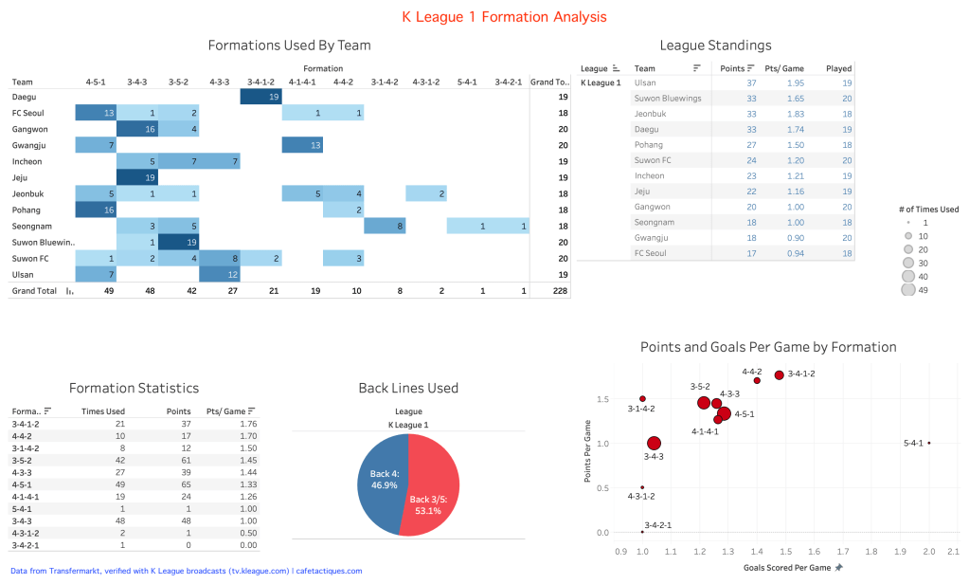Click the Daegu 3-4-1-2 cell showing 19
coord(261,97)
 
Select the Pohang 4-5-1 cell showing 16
coord(96,210)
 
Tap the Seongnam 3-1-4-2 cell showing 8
coord(385,226)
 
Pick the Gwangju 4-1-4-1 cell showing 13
coord(303,145)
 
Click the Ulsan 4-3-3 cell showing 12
coord(220,274)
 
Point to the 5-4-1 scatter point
coord(929,443)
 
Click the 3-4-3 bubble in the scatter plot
coord(654,443)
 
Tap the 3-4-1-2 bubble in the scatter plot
coord(780,375)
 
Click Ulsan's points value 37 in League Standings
coord(751,82)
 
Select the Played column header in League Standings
coord(838,68)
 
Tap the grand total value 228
coord(561,291)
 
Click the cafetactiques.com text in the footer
coord(329,571)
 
